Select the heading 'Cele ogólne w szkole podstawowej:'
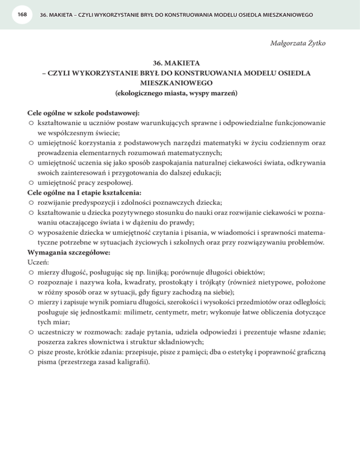click(x=84, y=114)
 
